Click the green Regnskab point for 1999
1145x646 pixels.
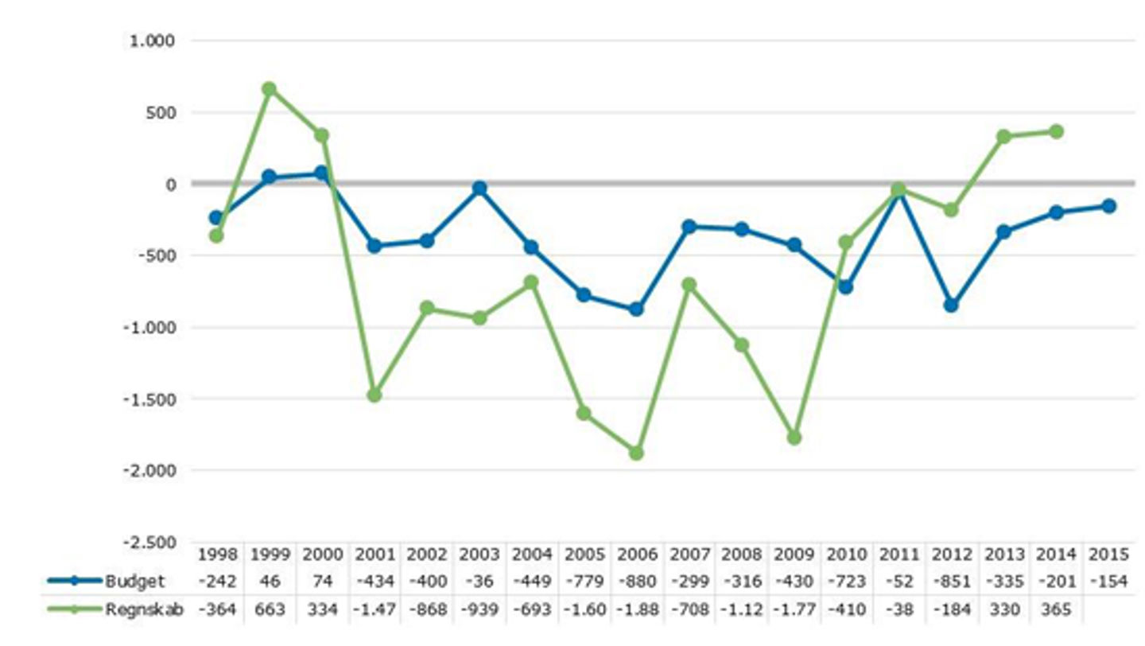(269, 89)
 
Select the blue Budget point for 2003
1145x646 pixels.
(479, 189)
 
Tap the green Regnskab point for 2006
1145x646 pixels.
(636, 453)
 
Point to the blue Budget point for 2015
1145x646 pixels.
(1108, 206)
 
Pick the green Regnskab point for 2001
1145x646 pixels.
(374, 395)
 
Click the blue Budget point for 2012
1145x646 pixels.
(951, 305)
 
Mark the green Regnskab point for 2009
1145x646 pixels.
(794, 438)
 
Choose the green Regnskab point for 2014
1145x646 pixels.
(1056, 131)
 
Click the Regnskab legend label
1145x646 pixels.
(144, 610)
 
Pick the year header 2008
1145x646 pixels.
(741, 555)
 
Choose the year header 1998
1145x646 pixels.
(216, 555)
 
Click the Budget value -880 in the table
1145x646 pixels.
(636, 582)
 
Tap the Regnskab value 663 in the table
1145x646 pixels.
(269, 610)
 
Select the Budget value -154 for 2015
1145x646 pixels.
(1108, 582)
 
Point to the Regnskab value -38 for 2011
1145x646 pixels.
(899, 610)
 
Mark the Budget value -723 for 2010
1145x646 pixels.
(846, 582)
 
